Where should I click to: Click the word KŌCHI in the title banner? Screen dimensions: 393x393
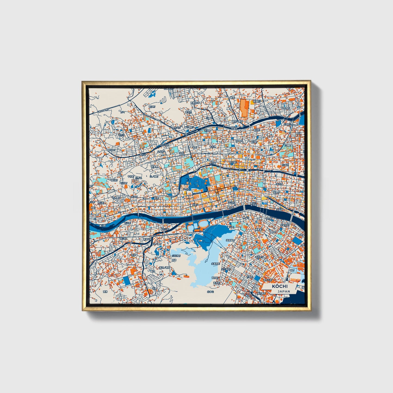pos(279,286)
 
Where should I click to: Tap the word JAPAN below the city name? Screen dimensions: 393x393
pos(284,291)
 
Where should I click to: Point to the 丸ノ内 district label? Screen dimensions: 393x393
pos(187,189)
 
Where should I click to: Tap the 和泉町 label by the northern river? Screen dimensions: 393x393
pos(234,129)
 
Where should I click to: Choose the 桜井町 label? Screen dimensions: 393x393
pos(279,184)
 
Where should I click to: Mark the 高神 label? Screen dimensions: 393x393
pos(105,292)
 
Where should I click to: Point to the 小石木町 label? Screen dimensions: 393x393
pos(176,256)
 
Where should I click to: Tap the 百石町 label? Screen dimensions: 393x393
pos(259,257)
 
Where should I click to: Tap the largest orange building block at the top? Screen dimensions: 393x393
pos(244,108)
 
